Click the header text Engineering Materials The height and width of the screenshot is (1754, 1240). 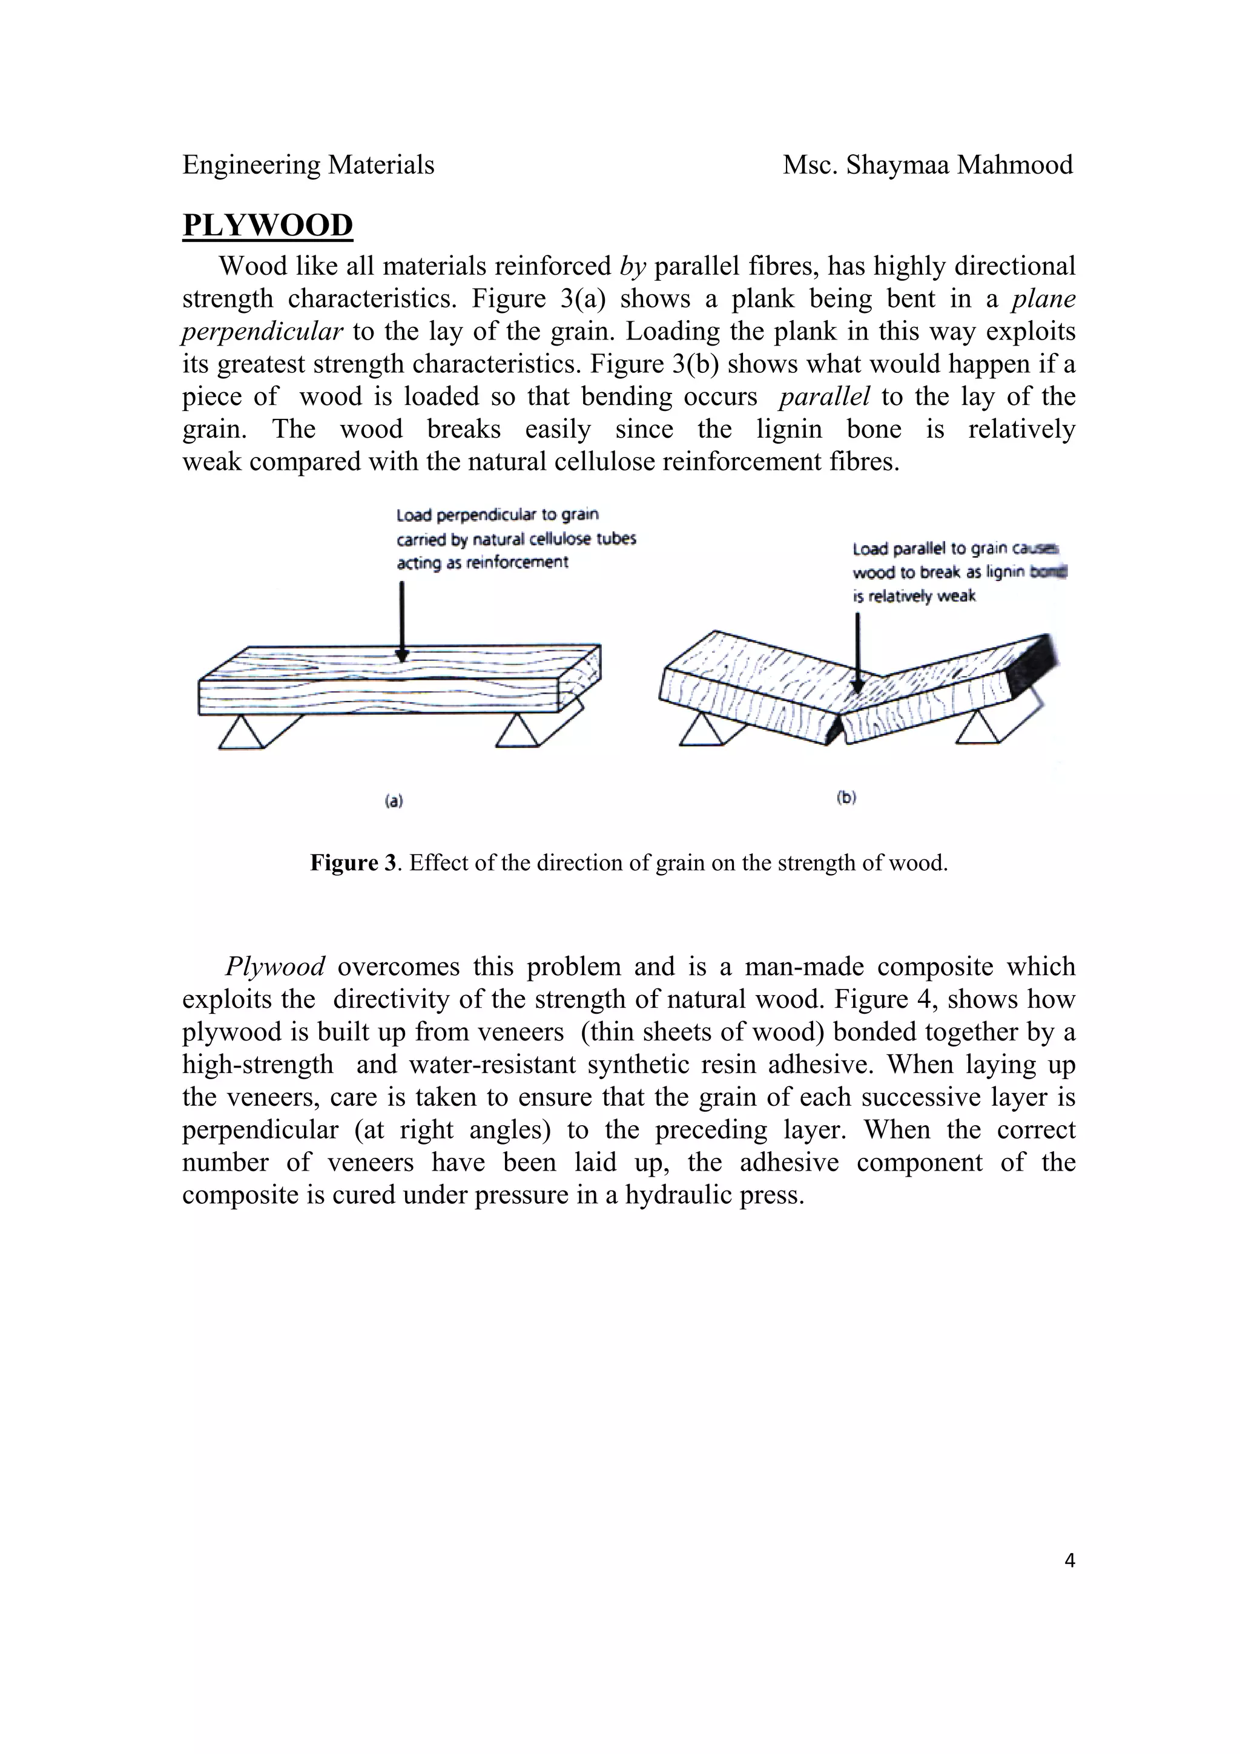(x=308, y=165)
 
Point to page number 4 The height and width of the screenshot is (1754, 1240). (x=1069, y=1561)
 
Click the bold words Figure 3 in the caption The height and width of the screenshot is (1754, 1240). (x=353, y=863)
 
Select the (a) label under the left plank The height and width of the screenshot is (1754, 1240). (x=394, y=801)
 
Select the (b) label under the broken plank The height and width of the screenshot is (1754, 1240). (x=846, y=798)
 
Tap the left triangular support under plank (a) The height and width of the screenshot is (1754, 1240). (x=242, y=734)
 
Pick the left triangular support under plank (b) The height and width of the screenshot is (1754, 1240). (x=701, y=731)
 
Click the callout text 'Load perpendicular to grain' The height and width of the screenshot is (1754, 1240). (x=497, y=515)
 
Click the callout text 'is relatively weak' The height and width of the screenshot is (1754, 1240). (x=914, y=597)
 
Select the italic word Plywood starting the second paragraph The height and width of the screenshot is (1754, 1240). (x=275, y=967)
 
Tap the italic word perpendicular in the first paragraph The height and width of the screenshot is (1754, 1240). (x=262, y=332)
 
